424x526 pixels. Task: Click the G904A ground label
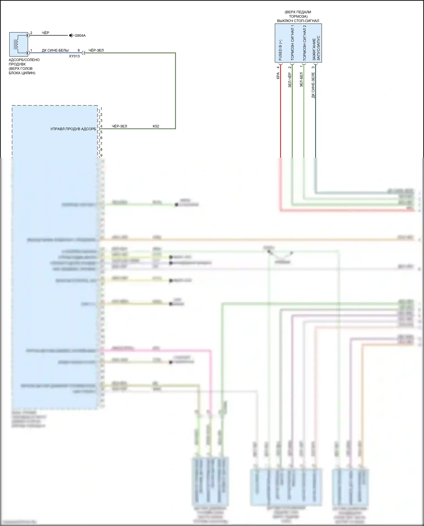(80, 36)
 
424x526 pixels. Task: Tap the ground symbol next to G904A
(71, 35)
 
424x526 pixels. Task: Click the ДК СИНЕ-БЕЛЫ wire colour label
(55, 50)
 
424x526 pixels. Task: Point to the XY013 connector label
(74, 56)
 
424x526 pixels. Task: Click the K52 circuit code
(156, 126)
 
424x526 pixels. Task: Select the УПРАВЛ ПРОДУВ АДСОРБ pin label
(73, 129)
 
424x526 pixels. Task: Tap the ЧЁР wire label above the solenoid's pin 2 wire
(46, 33)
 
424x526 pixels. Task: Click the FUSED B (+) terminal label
(280, 50)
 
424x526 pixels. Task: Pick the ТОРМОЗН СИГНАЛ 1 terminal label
(292, 42)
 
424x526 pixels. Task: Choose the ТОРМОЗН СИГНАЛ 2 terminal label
(304, 42)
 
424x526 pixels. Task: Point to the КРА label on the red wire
(278, 75)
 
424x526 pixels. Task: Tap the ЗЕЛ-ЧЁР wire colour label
(289, 80)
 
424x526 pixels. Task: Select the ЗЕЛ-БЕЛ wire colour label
(301, 79)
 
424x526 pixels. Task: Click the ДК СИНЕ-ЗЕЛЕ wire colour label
(313, 85)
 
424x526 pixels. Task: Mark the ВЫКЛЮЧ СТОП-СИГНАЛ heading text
(298, 21)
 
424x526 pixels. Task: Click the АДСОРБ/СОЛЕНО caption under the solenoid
(24, 60)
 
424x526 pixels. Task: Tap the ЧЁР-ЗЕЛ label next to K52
(119, 126)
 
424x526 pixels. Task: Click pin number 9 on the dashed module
(101, 155)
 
